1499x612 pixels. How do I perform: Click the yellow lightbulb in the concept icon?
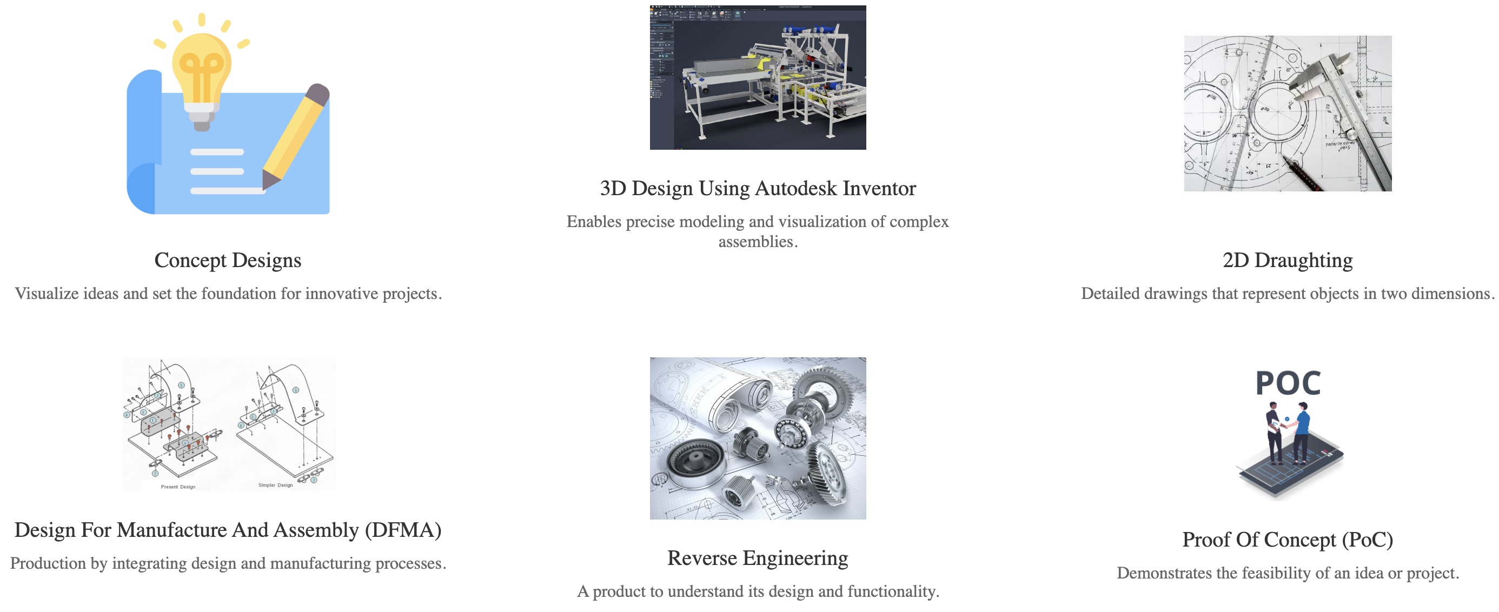coord(201,70)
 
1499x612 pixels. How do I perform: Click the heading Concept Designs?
coord(228,260)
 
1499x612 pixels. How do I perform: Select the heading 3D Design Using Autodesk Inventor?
coord(758,189)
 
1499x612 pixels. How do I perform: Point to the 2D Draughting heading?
coord(1287,260)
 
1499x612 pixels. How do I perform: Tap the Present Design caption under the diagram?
coord(178,487)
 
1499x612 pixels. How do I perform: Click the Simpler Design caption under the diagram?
coord(275,485)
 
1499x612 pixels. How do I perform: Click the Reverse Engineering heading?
coord(758,558)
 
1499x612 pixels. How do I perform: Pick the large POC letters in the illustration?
coord(1288,383)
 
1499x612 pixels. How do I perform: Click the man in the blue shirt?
coord(1302,434)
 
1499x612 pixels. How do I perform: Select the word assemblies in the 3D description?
coord(755,242)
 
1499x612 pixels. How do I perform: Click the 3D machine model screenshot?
coord(758,77)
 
